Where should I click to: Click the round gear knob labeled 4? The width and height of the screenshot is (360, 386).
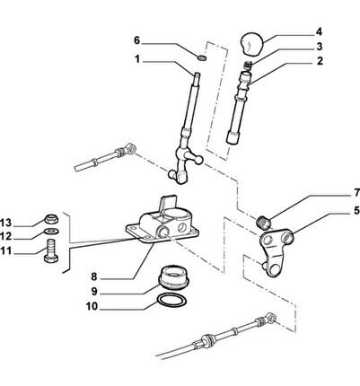(x=252, y=44)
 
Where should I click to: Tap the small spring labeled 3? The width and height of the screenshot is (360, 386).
(x=248, y=65)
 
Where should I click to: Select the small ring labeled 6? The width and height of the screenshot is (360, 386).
(x=202, y=57)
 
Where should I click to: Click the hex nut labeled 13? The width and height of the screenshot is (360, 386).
(x=51, y=219)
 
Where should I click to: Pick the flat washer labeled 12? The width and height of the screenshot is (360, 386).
(x=51, y=232)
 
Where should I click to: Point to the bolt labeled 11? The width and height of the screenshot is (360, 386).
(x=51, y=250)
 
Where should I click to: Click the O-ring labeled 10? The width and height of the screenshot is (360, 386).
(x=172, y=301)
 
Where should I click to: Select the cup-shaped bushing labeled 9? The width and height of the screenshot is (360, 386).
(x=173, y=277)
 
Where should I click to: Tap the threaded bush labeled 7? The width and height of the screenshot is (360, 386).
(x=264, y=222)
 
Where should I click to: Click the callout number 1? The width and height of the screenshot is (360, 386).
(x=137, y=60)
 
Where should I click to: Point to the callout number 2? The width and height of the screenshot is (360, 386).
(x=320, y=61)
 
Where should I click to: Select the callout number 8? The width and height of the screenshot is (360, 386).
(x=94, y=276)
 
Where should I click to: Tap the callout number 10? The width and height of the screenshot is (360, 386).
(x=92, y=306)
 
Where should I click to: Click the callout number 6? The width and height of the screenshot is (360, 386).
(x=136, y=40)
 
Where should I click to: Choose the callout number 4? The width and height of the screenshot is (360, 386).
(x=319, y=31)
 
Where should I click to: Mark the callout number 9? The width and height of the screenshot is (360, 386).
(x=94, y=291)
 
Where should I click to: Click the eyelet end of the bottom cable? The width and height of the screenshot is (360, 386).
(x=270, y=317)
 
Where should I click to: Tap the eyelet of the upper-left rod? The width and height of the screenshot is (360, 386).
(x=130, y=148)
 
